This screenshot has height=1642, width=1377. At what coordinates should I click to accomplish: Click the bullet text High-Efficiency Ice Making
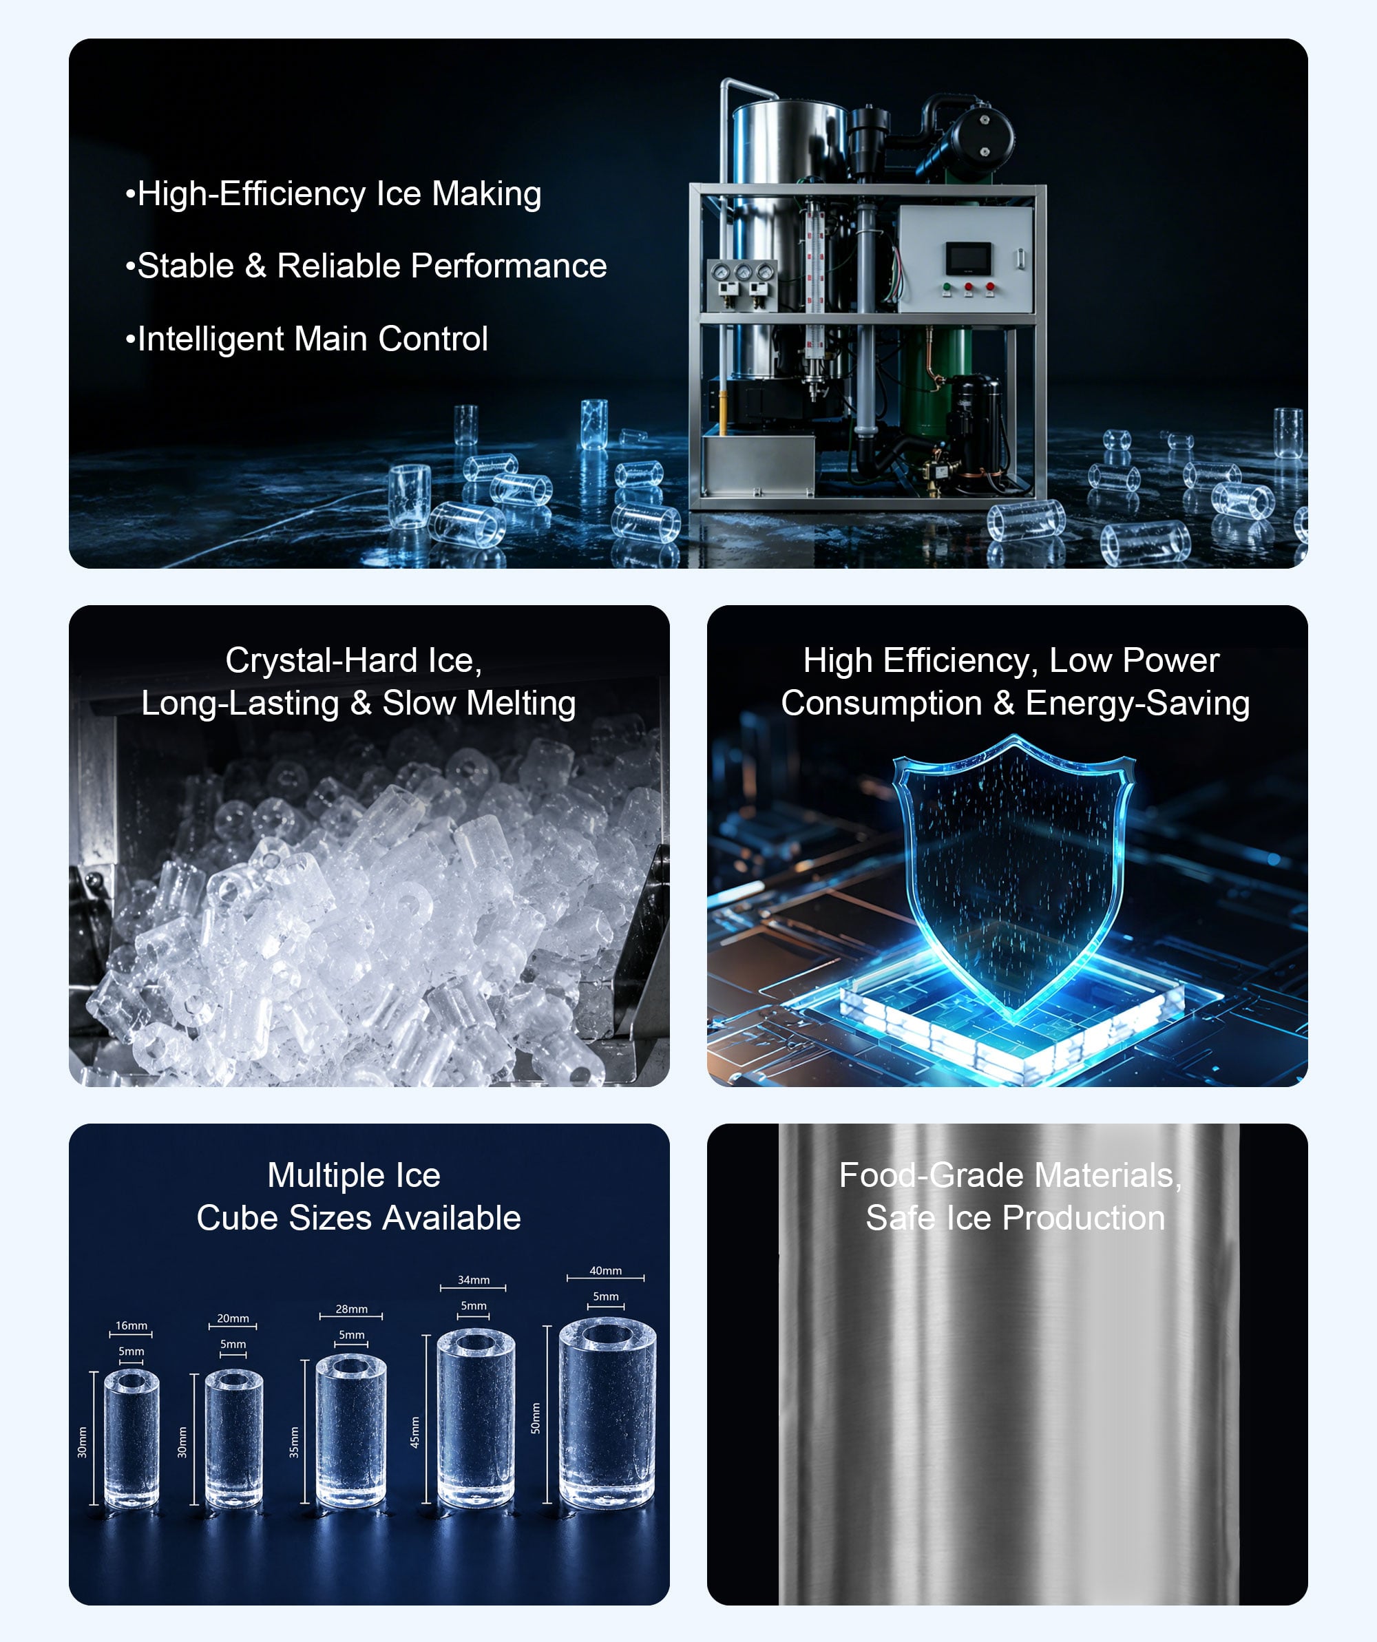(x=333, y=194)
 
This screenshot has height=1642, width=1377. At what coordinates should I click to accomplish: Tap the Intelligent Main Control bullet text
(x=306, y=339)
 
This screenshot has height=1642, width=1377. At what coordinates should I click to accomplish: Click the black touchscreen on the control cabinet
(x=969, y=258)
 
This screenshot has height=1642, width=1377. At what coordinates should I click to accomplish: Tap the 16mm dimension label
(x=132, y=1325)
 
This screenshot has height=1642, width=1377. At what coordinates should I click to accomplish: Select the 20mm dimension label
(x=233, y=1318)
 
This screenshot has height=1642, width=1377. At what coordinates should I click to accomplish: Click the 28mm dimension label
(x=352, y=1309)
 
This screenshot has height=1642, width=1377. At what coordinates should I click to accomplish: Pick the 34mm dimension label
(x=474, y=1280)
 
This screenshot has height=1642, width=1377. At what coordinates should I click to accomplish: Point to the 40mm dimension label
(x=606, y=1271)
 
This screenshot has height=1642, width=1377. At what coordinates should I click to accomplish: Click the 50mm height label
(x=536, y=1418)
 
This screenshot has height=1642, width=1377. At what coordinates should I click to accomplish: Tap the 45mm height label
(x=415, y=1431)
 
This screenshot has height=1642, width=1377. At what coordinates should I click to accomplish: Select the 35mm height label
(x=294, y=1442)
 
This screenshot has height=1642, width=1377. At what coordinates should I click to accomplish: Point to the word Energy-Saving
(x=1137, y=704)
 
